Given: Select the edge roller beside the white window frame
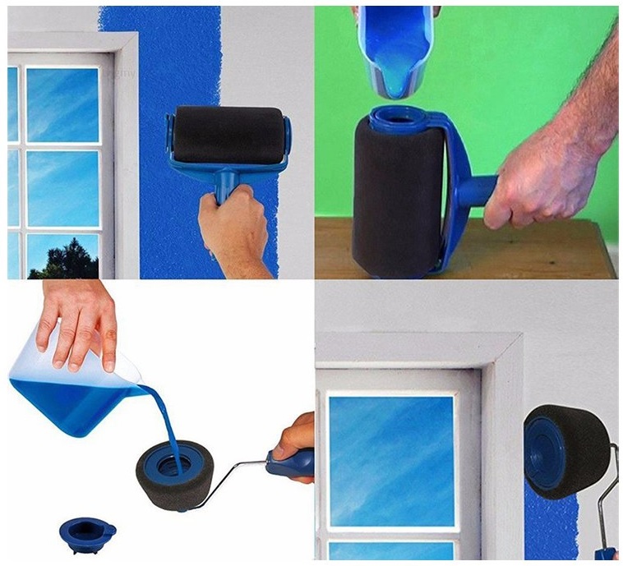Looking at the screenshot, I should (x=567, y=452).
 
